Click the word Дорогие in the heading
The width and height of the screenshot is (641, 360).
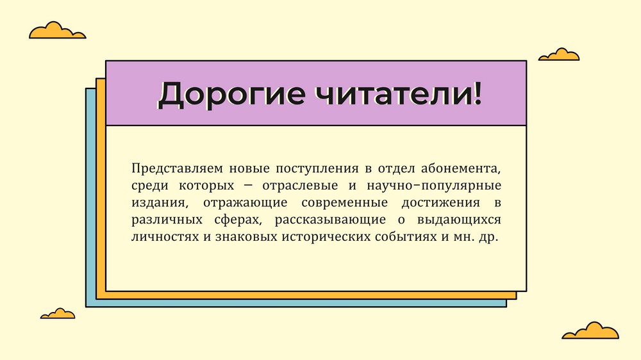pyautogui.click(x=231, y=94)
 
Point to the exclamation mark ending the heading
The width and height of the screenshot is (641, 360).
pyautogui.click(x=477, y=93)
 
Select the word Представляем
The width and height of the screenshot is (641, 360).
pyautogui.click(x=178, y=168)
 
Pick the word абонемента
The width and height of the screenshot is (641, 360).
pyautogui.click(x=461, y=168)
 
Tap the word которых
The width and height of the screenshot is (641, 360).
pyautogui.click(x=206, y=186)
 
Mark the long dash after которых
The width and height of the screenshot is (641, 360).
pyautogui.click(x=248, y=186)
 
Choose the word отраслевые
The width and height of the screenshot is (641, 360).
pyautogui.click(x=300, y=186)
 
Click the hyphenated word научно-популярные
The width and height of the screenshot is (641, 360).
pyautogui.click(x=434, y=186)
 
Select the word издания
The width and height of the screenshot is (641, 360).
pyautogui.click(x=160, y=203)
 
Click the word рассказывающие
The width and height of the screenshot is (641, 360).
pyautogui.click(x=330, y=220)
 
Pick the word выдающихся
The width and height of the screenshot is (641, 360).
pyautogui.click(x=459, y=220)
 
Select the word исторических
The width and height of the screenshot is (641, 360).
pyautogui.click(x=324, y=237)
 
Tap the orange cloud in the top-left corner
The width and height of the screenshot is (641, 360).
pyautogui.click(x=57, y=30)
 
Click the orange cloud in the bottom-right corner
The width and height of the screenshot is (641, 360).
pyautogui.click(x=590, y=331)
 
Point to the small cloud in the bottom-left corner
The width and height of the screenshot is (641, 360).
pyautogui.click(x=58, y=313)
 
